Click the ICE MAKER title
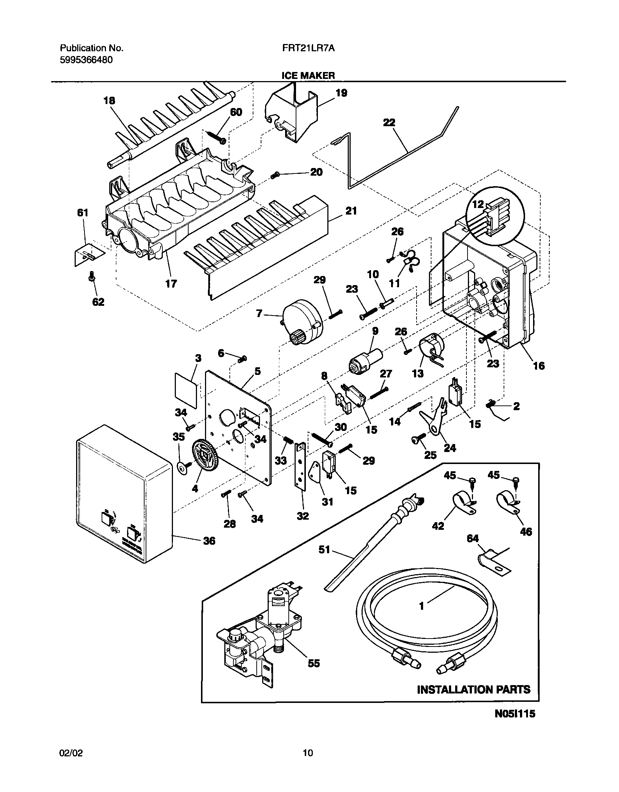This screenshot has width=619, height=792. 308,75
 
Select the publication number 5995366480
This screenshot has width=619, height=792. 86,60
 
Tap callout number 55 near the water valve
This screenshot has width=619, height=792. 314,663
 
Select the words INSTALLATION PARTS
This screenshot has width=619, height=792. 473,689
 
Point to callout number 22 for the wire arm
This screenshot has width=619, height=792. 389,123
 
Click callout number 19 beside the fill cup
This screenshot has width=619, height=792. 341,93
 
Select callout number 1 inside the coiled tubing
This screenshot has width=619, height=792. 422,606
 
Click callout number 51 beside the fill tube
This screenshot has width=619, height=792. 324,549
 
